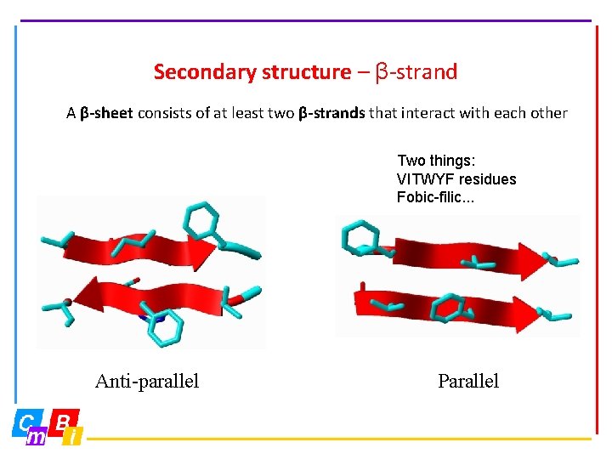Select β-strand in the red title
point(416,72)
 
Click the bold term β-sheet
point(106,113)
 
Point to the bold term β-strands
point(331,113)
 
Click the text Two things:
point(437,161)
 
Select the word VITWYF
point(426,179)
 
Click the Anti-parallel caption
point(147,381)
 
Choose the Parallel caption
point(468,381)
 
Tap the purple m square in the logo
point(37,436)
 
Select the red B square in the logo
point(64,420)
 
